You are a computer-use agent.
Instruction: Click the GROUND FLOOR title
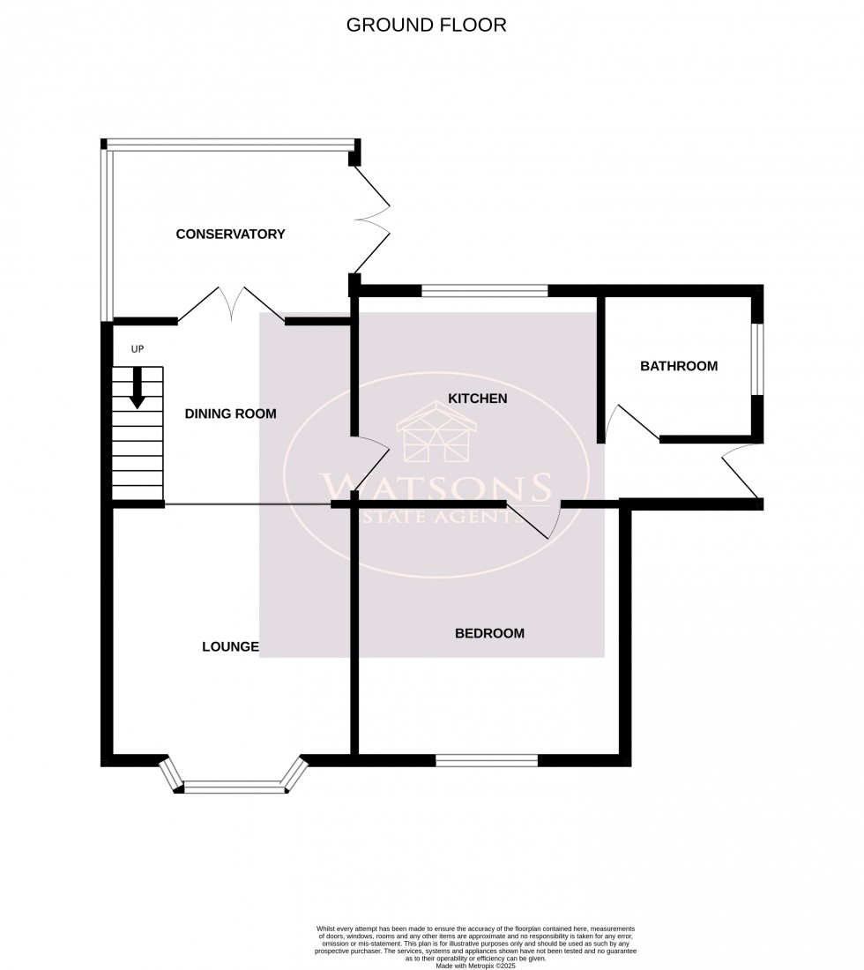tap(426, 25)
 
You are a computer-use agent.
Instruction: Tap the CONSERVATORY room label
tap(230, 234)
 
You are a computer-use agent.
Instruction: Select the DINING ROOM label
tap(230, 413)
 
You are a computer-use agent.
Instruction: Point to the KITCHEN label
tap(478, 399)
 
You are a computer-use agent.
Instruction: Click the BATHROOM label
tap(679, 366)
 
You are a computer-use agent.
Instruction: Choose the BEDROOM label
tap(489, 633)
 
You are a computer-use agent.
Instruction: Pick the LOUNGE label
tap(230, 646)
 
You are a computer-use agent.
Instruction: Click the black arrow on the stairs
tap(138, 388)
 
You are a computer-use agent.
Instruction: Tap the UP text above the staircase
tap(137, 349)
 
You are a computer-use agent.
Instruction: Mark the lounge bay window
tap(235, 785)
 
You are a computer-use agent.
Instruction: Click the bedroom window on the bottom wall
tap(487, 760)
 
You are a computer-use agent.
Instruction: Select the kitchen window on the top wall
tap(485, 290)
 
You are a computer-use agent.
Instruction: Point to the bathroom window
tap(757, 360)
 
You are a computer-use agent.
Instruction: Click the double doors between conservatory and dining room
tap(231, 304)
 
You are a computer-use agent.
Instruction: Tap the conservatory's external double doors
tap(372, 220)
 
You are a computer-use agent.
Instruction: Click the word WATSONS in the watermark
tap(436, 487)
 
